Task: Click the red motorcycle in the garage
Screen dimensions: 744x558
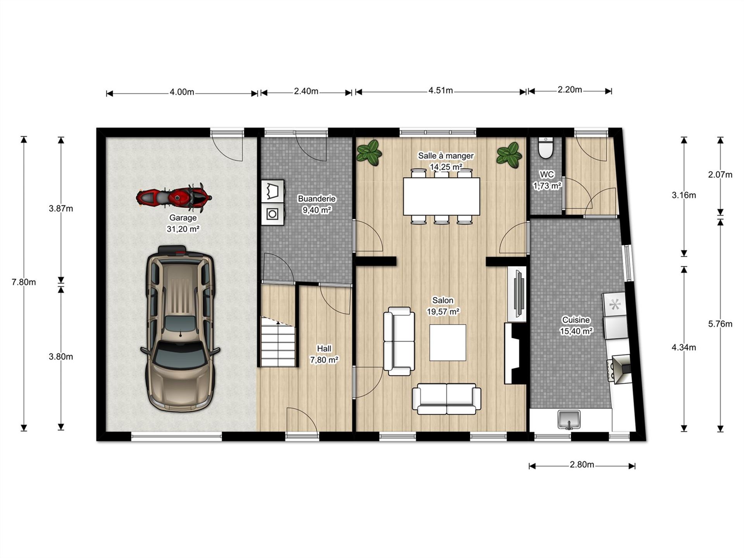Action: click(174, 198)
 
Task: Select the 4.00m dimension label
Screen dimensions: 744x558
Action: click(182, 92)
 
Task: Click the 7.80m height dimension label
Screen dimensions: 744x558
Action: click(24, 282)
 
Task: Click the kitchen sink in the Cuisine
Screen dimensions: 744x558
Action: click(569, 420)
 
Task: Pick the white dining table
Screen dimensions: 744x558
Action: click(441, 196)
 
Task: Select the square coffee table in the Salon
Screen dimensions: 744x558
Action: click(448, 343)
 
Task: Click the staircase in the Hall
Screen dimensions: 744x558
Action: click(278, 342)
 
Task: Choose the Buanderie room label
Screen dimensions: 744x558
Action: click(317, 199)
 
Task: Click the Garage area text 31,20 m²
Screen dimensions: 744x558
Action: click(183, 229)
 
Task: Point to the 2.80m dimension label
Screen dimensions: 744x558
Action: click(582, 465)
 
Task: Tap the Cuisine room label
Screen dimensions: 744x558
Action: click(576, 320)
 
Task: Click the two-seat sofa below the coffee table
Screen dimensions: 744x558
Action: click(446, 399)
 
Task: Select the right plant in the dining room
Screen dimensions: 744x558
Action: click(509, 155)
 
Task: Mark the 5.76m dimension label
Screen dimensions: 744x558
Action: click(720, 324)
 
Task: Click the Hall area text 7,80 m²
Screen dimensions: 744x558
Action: click(324, 360)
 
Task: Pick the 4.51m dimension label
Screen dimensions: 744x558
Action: click(441, 91)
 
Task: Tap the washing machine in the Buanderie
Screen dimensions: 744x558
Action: click(272, 214)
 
